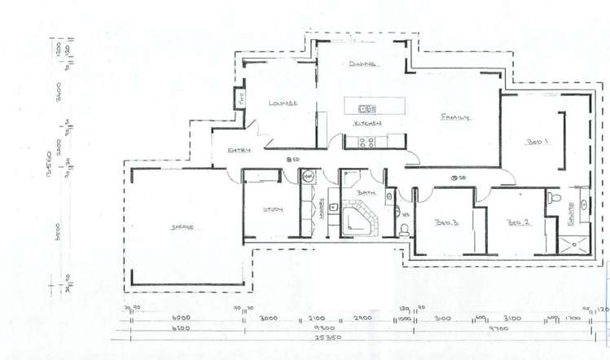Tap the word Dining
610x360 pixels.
point(361,64)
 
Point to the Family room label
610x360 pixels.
point(455,118)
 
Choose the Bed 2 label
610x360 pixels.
point(518,222)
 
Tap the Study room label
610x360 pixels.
point(271,211)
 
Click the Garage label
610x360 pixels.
point(181,226)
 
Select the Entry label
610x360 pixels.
point(239,151)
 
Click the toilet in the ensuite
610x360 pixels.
point(553,198)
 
